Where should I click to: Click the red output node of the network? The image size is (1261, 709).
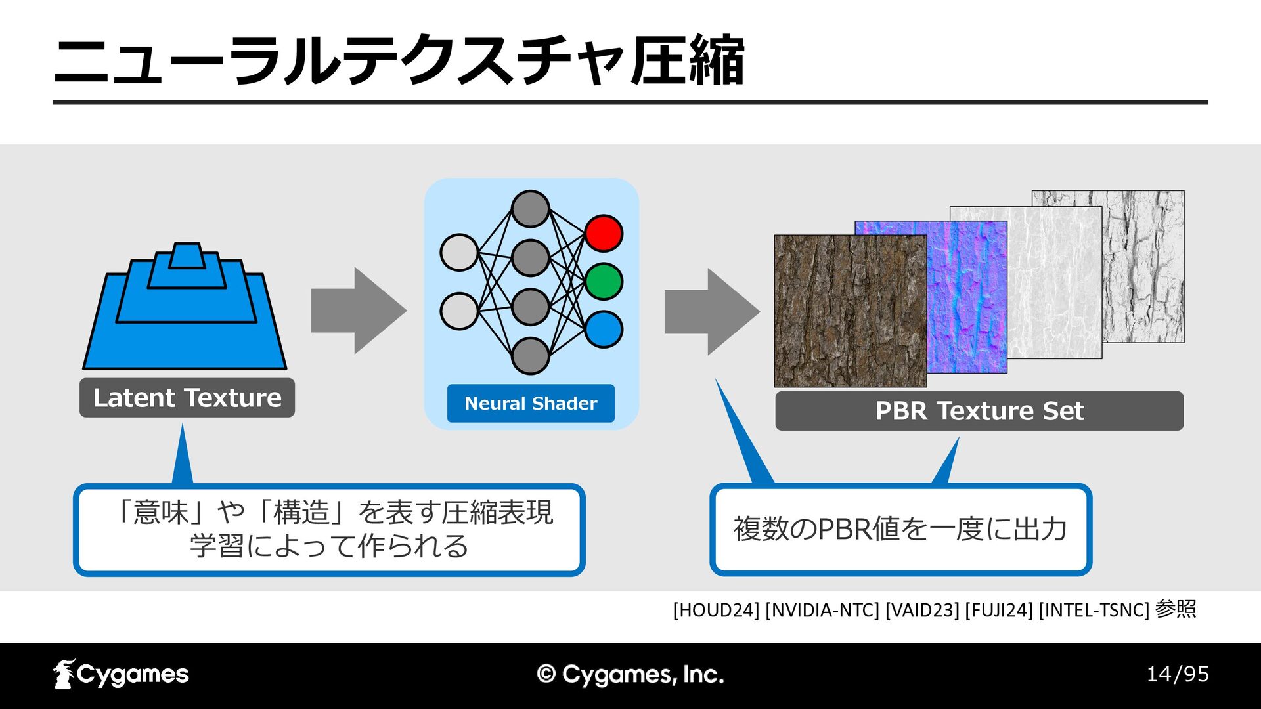point(604,233)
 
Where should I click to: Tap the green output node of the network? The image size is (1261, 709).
point(604,282)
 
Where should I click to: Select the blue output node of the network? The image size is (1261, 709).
point(604,330)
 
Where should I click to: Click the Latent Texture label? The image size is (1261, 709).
point(187,398)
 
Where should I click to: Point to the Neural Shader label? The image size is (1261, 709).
point(531,403)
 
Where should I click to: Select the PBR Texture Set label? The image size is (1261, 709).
point(979,411)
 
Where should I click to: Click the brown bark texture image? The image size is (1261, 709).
point(851,311)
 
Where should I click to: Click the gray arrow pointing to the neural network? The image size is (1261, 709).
point(359,311)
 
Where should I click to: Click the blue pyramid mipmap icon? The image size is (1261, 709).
point(185,306)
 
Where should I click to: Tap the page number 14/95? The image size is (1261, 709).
point(1178,674)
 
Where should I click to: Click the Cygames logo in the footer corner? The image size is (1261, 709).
point(121,674)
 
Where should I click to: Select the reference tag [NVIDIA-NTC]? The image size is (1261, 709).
point(822,610)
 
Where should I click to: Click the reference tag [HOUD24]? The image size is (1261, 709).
point(716,610)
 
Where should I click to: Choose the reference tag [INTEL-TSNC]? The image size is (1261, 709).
point(1094,610)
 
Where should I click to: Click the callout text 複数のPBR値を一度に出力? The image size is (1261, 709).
point(900,529)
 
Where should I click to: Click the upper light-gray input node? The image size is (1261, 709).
point(459,253)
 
